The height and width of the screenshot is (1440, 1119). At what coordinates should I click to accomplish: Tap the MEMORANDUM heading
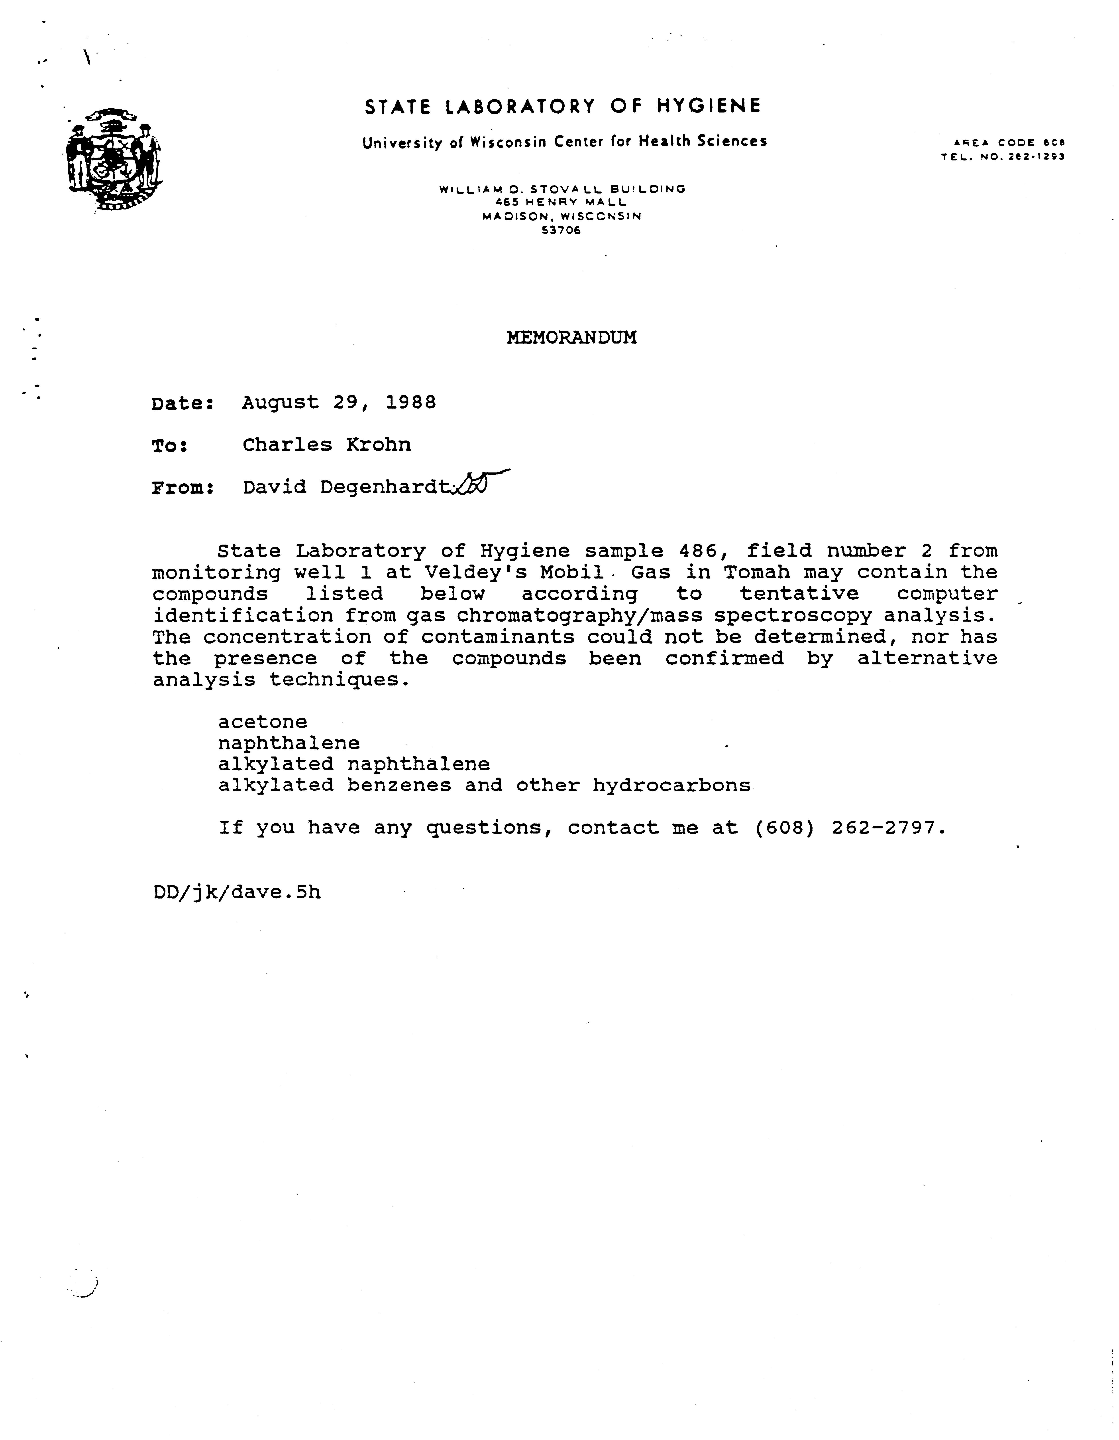571,338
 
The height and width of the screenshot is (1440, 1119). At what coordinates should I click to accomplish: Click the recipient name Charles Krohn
326,445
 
